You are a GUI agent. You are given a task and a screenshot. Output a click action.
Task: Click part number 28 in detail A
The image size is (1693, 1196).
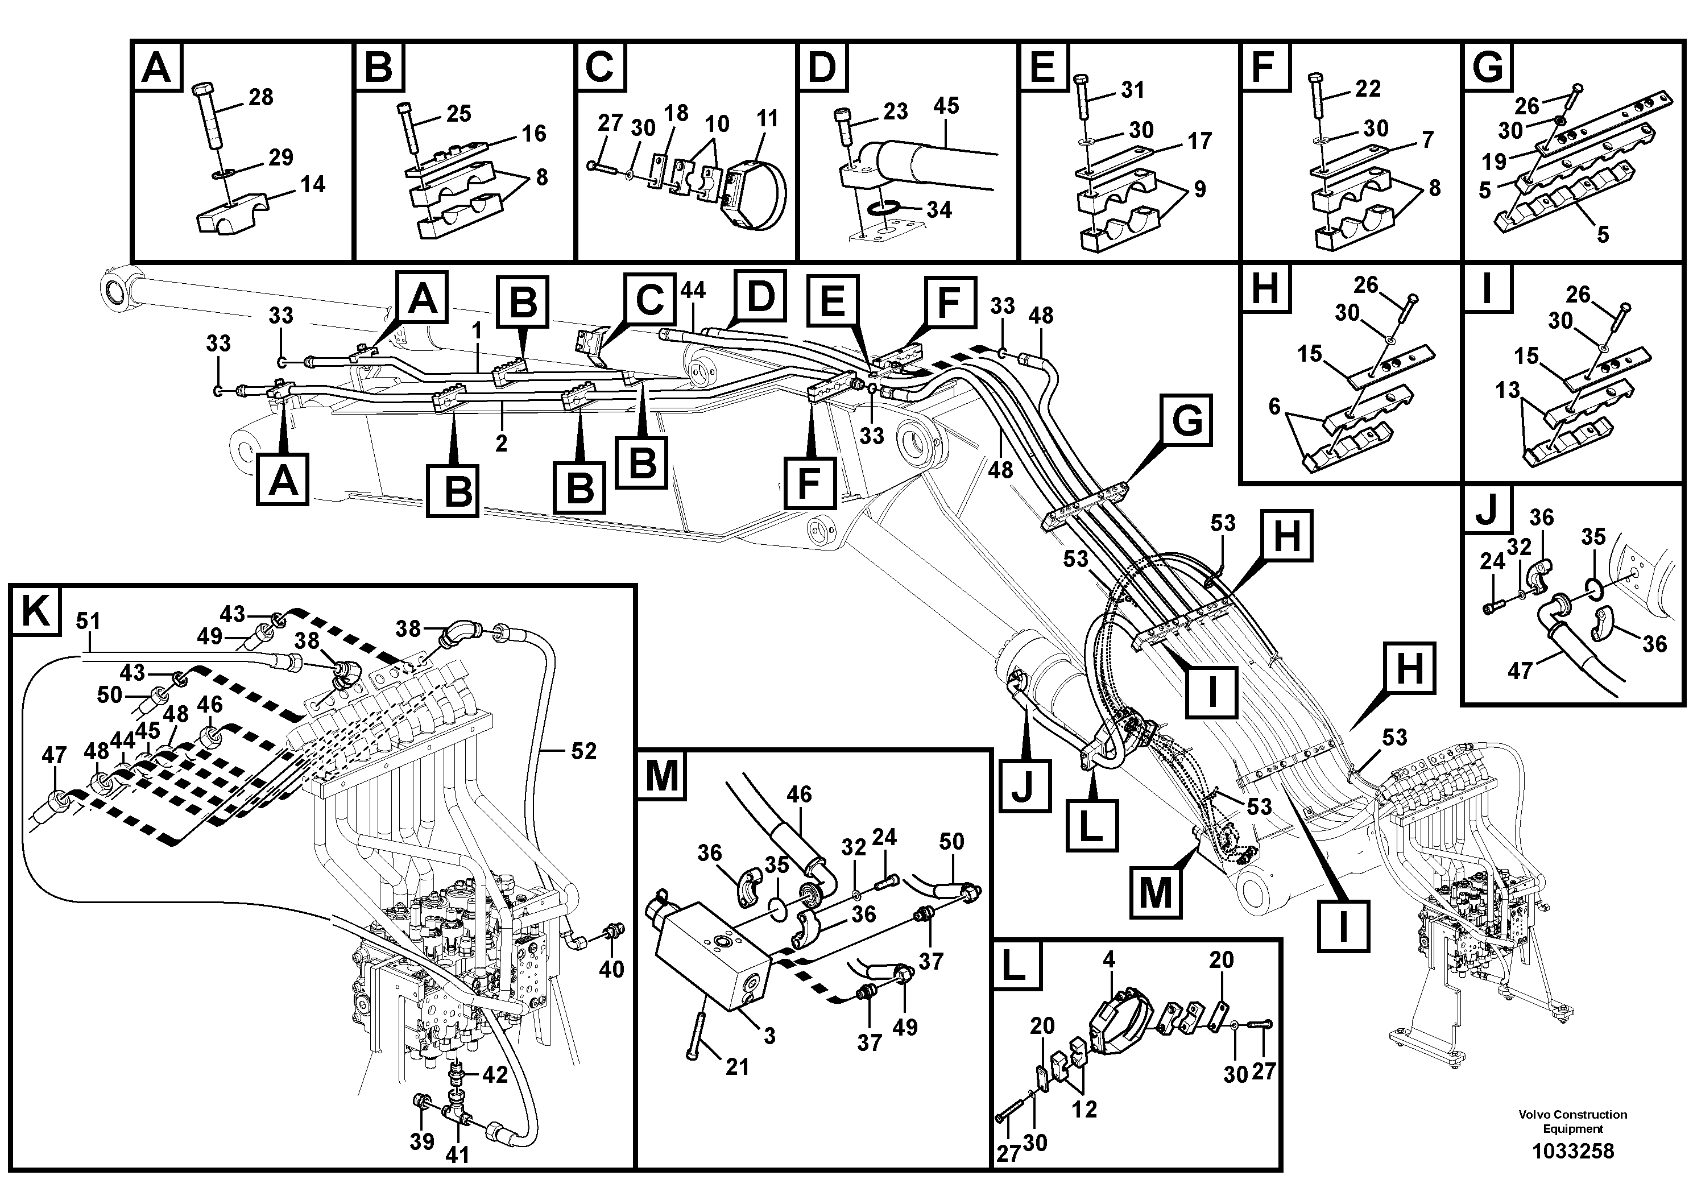[x=261, y=97]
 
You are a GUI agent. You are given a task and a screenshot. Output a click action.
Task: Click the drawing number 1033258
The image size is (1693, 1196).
[x=1573, y=1151]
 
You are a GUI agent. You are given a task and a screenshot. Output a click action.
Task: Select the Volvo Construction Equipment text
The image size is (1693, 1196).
[x=1573, y=1121]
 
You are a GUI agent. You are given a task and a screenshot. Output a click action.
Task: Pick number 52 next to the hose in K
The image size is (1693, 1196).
[x=583, y=751]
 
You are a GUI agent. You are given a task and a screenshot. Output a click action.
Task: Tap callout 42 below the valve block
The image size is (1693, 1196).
[x=495, y=1074]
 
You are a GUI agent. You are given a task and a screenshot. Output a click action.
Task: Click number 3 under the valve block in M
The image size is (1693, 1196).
[x=769, y=1035]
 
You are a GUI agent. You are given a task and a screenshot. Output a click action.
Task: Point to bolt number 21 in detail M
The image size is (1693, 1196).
[x=736, y=1066]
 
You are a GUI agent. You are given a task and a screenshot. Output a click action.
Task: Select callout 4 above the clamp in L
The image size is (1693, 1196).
[x=1108, y=959]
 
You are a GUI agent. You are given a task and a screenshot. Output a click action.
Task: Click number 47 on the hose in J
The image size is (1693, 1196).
[x=1520, y=671]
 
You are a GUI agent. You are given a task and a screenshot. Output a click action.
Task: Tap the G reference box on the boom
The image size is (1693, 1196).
[x=1186, y=420]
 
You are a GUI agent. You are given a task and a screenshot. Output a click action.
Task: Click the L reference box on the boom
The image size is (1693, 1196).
[x=1091, y=826]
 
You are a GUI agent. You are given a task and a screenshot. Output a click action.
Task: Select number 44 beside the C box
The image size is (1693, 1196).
[x=693, y=290]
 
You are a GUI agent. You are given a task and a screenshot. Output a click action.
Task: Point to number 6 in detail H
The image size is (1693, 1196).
[x=1274, y=406]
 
